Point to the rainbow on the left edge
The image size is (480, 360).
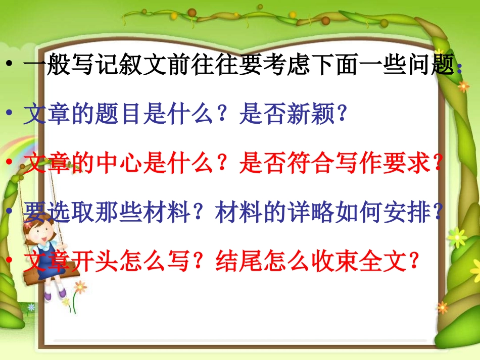7,151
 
